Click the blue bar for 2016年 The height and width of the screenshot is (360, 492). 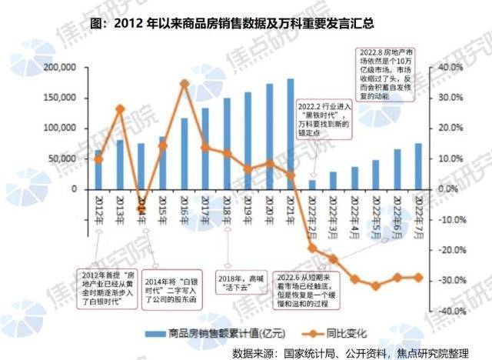pos(184,153)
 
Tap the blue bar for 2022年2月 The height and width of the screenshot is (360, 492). pos(312,185)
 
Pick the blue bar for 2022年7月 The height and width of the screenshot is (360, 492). pos(418,166)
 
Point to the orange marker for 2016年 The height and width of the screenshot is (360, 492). pos(184,83)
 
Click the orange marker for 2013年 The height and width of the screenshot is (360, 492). pos(120,109)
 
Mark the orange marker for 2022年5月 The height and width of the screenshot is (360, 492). pos(376,285)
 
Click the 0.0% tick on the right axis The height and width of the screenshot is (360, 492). pos(448,189)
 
